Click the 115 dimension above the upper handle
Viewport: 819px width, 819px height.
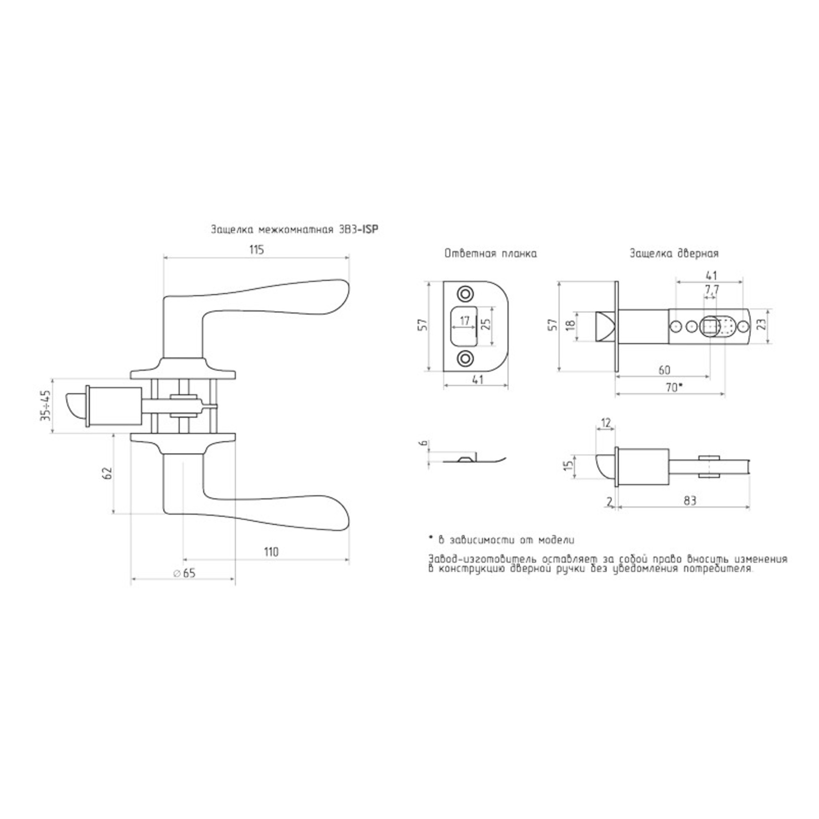[x=256, y=250]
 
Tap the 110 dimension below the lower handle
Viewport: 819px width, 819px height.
[x=271, y=552]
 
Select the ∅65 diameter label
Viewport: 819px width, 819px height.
[x=184, y=574]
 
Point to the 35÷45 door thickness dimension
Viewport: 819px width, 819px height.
[x=45, y=405]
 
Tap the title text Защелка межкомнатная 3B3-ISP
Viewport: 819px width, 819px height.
[x=294, y=230]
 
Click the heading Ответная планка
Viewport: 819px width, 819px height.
[x=491, y=253]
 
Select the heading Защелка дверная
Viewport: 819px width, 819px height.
[x=674, y=253]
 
